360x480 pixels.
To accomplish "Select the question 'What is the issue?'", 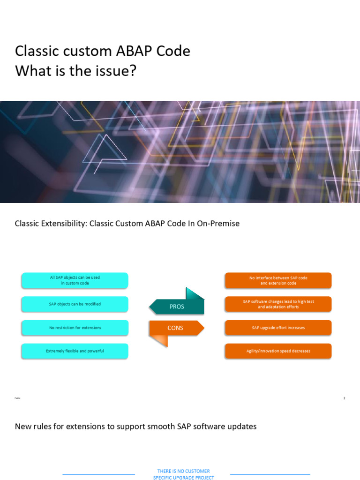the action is (x=75, y=71).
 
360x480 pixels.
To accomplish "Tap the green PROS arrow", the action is (x=177, y=307).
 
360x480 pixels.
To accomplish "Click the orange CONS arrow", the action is (x=176, y=328).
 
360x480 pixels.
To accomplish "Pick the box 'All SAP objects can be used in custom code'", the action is (x=75, y=280).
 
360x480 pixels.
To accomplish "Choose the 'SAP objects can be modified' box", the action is (x=75, y=304).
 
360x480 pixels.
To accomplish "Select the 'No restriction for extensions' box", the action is (x=75, y=328).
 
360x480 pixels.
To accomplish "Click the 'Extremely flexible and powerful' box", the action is (x=75, y=351).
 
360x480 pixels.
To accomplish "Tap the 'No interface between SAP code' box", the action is (x=278, y=280).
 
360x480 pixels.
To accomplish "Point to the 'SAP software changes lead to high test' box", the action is (x=278, y=304).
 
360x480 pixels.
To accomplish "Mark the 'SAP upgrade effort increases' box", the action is (x=278, y=328).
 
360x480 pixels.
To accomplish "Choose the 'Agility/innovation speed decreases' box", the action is (x=278, y=351).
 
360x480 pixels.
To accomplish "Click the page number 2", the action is (x=344, y=398).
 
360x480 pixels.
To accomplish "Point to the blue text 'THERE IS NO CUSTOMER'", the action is (x=183, y=471).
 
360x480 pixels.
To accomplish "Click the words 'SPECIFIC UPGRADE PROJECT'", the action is (x=183, y=478).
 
